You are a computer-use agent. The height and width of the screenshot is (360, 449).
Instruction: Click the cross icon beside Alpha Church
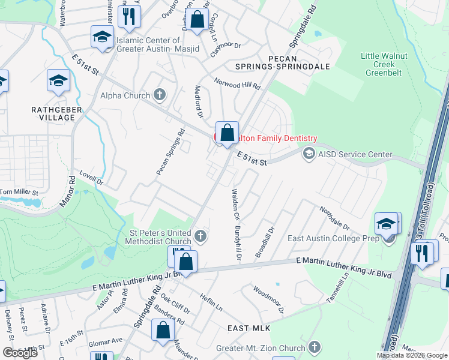click(x=159, y=94)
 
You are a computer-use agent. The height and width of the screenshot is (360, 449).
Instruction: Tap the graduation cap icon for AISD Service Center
click(x=309, y=154)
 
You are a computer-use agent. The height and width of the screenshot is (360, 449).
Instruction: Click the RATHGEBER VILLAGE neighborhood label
click(x=53, y=113)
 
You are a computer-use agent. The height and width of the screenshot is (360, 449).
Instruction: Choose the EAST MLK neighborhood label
click(x=249, y=328)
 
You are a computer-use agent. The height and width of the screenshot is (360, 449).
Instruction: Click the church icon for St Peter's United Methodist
click(x=201, y=236)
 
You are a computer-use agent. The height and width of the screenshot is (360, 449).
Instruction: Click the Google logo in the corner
click(x=20, y=353)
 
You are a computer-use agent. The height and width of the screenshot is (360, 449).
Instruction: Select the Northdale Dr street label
click(x=334, y=219)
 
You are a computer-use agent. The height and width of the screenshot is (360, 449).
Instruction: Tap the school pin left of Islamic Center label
click(x=102, y=37)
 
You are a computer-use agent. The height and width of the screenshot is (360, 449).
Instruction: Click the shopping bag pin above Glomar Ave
click(x=163, y=329)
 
